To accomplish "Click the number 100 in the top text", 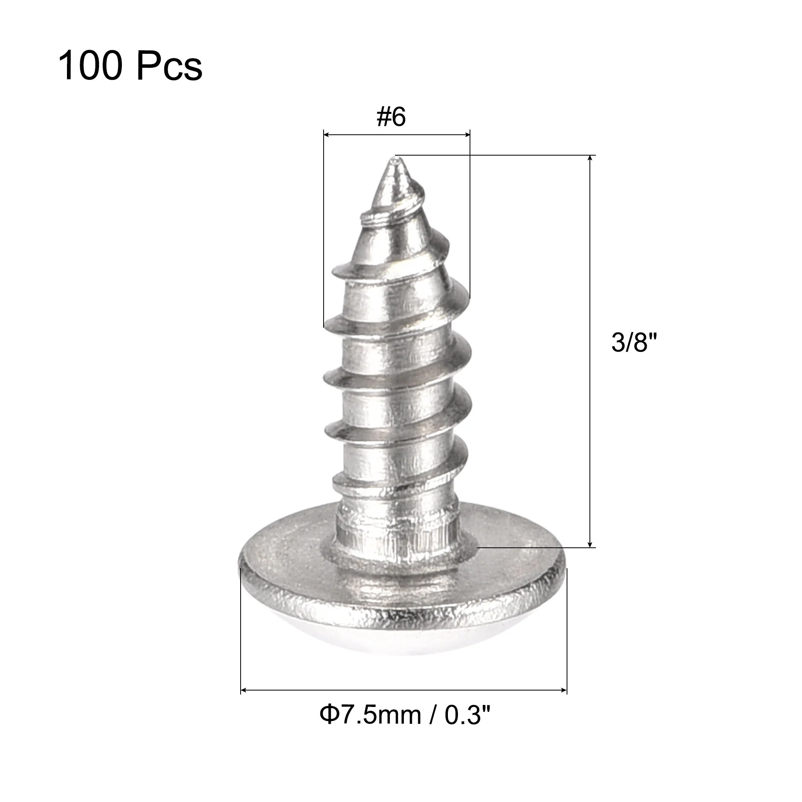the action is click(x=91, y=65).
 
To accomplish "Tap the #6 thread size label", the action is click(x=391, y=117).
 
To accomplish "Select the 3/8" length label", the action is click(x=634, y=342).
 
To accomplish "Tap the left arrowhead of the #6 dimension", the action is click(x=326, y=134).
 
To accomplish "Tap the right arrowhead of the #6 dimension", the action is click(x=467, y=134).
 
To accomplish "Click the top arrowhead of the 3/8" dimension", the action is click(x=590, y=158).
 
